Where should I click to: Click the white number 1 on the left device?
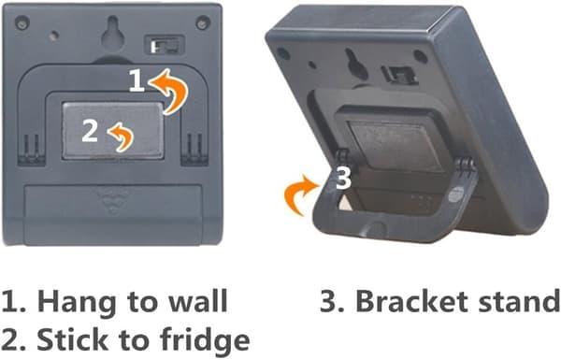137,80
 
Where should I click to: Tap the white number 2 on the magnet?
90,131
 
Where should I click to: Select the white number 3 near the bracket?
343,178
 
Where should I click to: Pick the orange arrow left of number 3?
300,194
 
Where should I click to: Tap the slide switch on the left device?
165,45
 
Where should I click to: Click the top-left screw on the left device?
22,22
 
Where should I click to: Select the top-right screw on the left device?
203,22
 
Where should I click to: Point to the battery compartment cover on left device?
113,213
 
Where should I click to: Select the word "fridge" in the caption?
204,340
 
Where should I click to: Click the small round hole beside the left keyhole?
54,36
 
